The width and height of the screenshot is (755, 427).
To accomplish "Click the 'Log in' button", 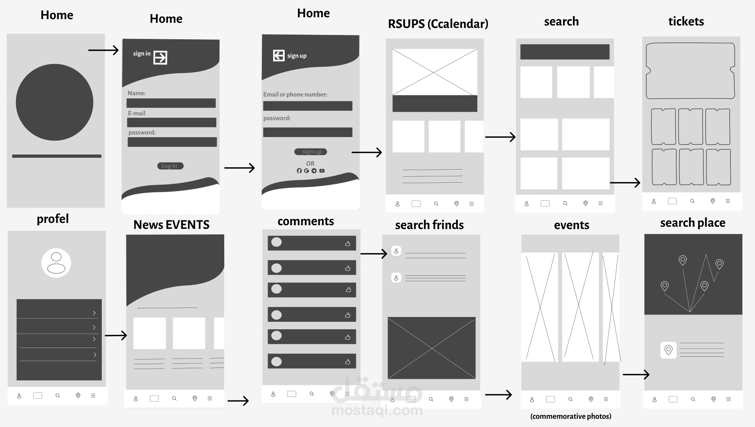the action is click(170, 166).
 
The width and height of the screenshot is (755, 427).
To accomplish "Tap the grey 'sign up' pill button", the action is click(311, 152).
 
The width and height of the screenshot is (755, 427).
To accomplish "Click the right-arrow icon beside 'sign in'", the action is click(160, 58).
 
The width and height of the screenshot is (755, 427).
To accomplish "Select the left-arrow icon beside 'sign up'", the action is click(279, 56).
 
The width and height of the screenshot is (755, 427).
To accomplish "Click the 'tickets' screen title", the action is click(686, 21).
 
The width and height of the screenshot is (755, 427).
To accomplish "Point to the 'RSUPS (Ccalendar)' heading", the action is click(438, 24).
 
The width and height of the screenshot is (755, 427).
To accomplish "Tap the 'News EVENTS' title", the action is click(171, 225).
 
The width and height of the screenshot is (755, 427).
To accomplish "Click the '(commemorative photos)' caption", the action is click(571, 416).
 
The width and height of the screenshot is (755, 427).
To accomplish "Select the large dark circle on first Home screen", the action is click(54, 102).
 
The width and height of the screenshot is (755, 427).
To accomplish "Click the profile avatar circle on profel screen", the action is click(56, 263).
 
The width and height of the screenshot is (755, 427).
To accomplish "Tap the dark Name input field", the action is click(171, 103).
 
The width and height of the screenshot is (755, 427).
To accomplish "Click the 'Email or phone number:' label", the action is click(295, 95).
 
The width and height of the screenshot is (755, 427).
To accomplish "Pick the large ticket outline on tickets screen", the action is click(690, 71).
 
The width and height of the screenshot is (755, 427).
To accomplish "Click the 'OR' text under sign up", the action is click(310, 164).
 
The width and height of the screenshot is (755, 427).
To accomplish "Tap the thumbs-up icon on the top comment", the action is click(347, 243).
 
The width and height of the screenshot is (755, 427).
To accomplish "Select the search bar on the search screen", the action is click(565, 52).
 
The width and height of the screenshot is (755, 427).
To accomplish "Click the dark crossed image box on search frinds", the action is click(431, 348).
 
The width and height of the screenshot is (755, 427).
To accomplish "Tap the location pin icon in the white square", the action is click(668, 350).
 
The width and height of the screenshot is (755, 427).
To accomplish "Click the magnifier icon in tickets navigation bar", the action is click(692, 201).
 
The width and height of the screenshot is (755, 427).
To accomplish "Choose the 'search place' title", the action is click(693, 223).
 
